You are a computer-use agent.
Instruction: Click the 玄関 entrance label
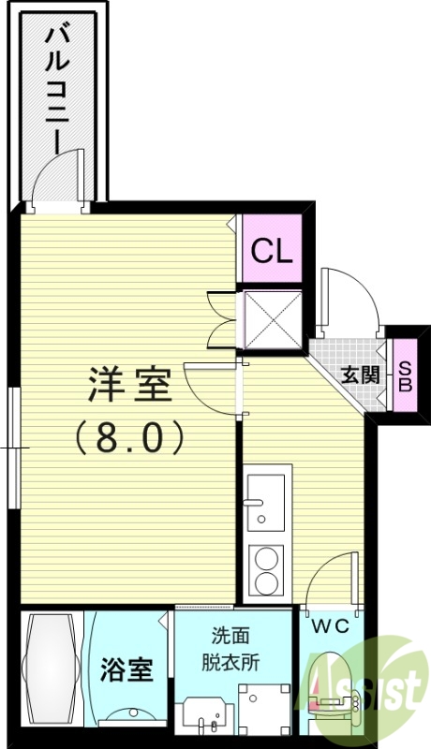pyautogui.click(x=359, y=374)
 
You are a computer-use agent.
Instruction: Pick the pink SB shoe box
pyautogui.click(x=405, y=376)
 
